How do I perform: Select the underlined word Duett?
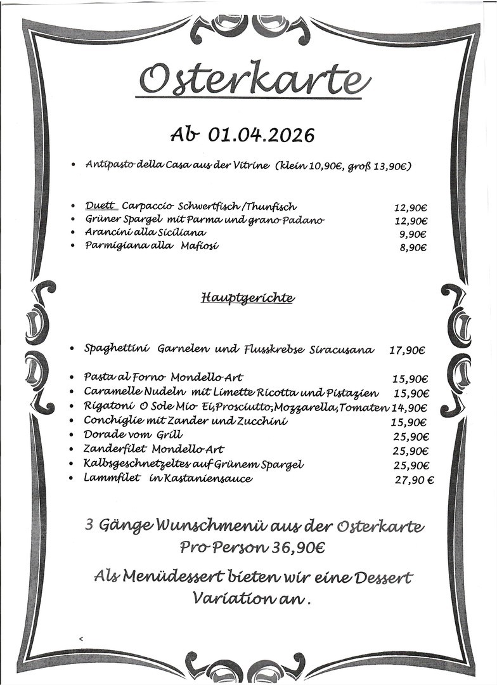[100, 206]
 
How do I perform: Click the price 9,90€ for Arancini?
[413, 234]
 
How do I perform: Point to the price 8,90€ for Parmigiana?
[413, 248]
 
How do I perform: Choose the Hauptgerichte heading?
[247, 297]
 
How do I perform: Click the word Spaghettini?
[117, 349]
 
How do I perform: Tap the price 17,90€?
[407, 349]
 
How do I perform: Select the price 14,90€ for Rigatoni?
[410, 408]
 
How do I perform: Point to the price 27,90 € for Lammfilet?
[414, 480]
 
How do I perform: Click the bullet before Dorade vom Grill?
[73, 437]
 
